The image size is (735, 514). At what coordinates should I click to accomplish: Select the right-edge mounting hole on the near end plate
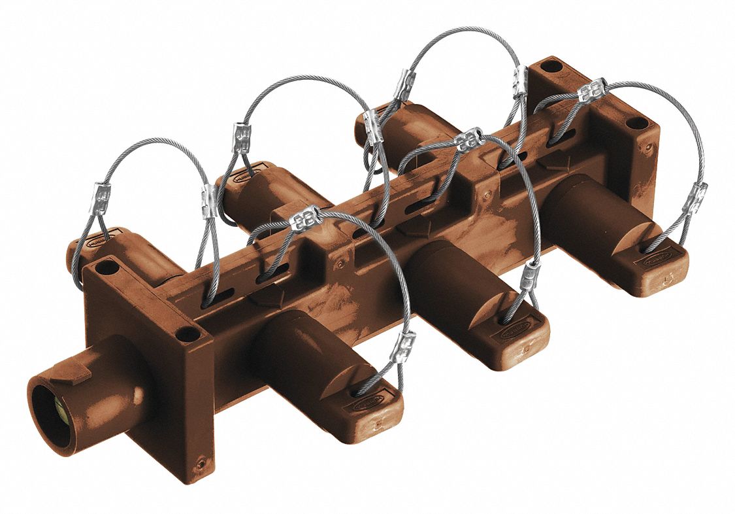click(188, 334)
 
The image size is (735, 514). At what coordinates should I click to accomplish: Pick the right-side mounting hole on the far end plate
click(634, 123)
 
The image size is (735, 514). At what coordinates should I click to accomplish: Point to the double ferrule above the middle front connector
click(468, 139)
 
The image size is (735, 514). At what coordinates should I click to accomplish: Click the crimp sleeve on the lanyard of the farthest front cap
click(694, 198)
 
